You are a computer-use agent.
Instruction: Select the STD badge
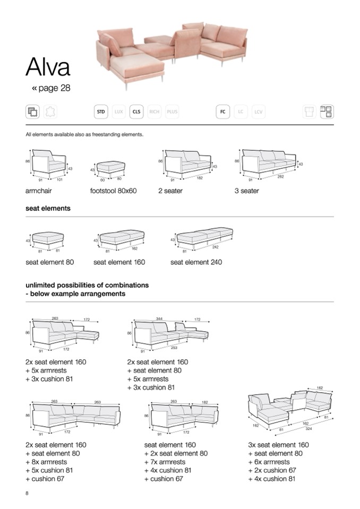(101, 112)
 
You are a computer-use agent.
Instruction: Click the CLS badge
(136, 112)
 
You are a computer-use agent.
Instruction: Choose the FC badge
(223, 112)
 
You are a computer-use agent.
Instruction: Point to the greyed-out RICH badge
(155, 112)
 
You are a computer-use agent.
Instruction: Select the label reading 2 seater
(170, 191)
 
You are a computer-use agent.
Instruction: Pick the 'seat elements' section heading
(48, 209)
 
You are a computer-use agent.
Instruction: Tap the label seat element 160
(119, 262)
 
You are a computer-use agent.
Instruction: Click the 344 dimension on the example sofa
(159, 319)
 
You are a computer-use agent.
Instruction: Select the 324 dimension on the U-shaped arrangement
(308, 428)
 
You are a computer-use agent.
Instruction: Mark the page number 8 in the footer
(27, 494)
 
